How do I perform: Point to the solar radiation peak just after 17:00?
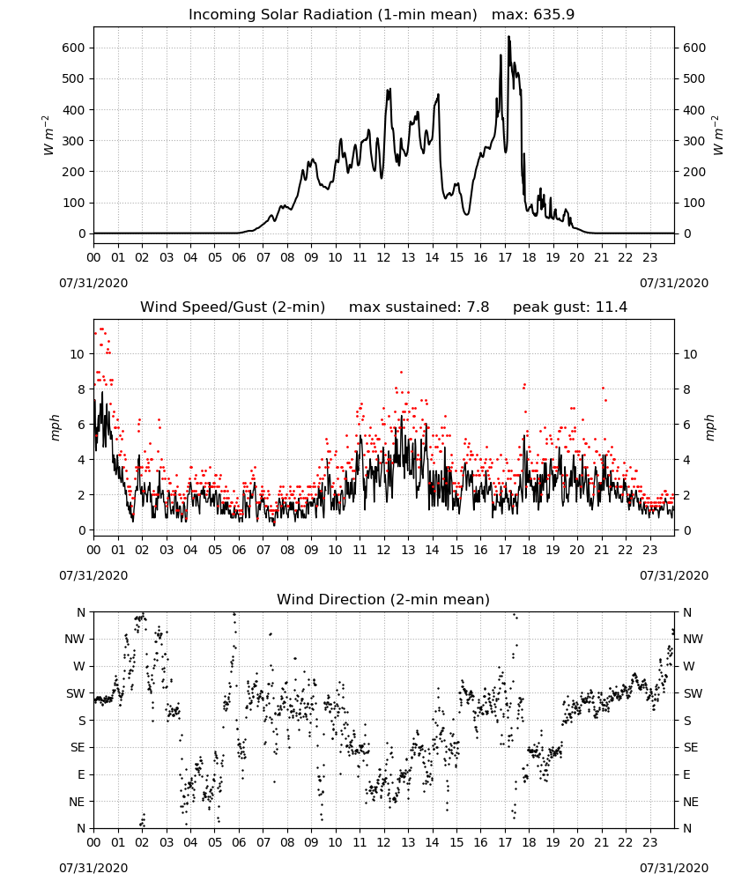[509, 37]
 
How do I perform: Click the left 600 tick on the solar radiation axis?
[74, 48]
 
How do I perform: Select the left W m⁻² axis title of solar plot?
[48, 135]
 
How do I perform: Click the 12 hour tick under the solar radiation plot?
[384, 257]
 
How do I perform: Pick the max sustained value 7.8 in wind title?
[478, 307]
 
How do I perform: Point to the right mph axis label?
[709, 427]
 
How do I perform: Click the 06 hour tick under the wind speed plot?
[239, 550]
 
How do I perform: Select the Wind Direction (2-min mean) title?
[383, 599]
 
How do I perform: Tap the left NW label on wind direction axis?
[75, 639]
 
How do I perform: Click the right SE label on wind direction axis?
[691, 747]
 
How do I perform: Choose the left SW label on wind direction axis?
[76, 693]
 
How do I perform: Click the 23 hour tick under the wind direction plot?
[650, 842]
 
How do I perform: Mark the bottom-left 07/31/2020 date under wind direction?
[93, 868]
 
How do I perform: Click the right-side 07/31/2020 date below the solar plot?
[674, 283]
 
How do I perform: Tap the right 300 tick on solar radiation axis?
[694, 141]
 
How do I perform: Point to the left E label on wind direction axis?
[81, 774]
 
